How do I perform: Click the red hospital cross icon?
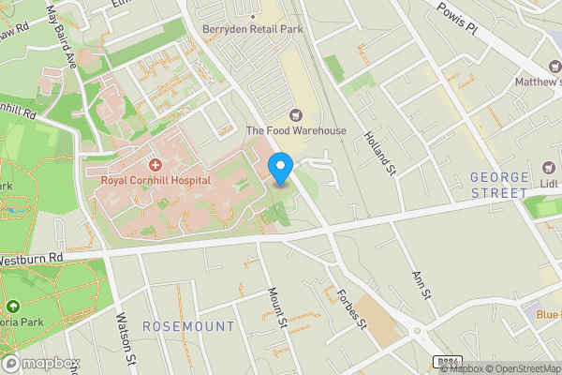(155, 164)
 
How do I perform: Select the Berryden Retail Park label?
(254, 28)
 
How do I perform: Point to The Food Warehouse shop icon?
(297, 115)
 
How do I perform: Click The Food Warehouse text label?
(296, 131)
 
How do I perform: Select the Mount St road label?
(276, 307)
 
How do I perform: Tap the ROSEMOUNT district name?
(188, 325)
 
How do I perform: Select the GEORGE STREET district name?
(499, 185)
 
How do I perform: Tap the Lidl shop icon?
(547, 176)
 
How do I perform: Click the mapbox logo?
(40, 363)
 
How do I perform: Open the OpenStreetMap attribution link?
(522, 368)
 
